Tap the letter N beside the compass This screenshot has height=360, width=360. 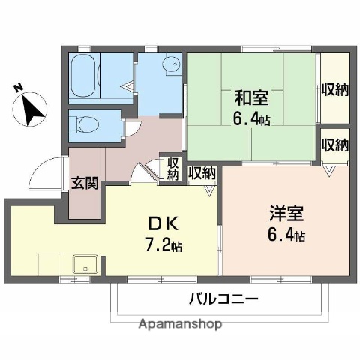(x=19, y=88)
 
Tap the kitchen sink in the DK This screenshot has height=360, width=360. (x=85, y=264)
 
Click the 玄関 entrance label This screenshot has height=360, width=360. (x=83, y=181)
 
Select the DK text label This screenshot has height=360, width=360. (x=159, y=223)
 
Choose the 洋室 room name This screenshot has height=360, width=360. (x=283, y=213)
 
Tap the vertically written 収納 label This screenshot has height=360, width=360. (x=172, y=169)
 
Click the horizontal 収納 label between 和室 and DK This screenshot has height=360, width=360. (x=202, y=173)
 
